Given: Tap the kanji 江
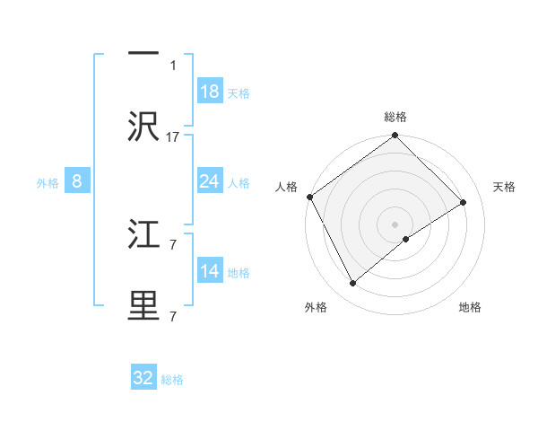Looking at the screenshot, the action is point(143,236).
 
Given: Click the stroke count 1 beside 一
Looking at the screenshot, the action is point(174,65).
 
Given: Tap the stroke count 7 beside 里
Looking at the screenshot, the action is point(173,316).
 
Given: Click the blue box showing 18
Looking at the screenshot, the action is point(209,92).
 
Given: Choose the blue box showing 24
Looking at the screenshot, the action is point(209,181).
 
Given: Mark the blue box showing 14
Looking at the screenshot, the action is point(209,271).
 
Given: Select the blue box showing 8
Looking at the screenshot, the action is point(76,181).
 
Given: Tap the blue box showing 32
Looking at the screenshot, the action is point(143,378).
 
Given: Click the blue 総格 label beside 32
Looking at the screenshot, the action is point(173,380).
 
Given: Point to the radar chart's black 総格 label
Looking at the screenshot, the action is point(395,117).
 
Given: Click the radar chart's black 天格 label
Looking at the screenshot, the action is point(504,187).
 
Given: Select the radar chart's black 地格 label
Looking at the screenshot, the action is point(470,307).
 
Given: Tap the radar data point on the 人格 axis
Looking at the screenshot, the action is point(309,197).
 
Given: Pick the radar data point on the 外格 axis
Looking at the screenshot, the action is point(352,284).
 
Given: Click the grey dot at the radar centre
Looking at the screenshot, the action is point(395,224).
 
